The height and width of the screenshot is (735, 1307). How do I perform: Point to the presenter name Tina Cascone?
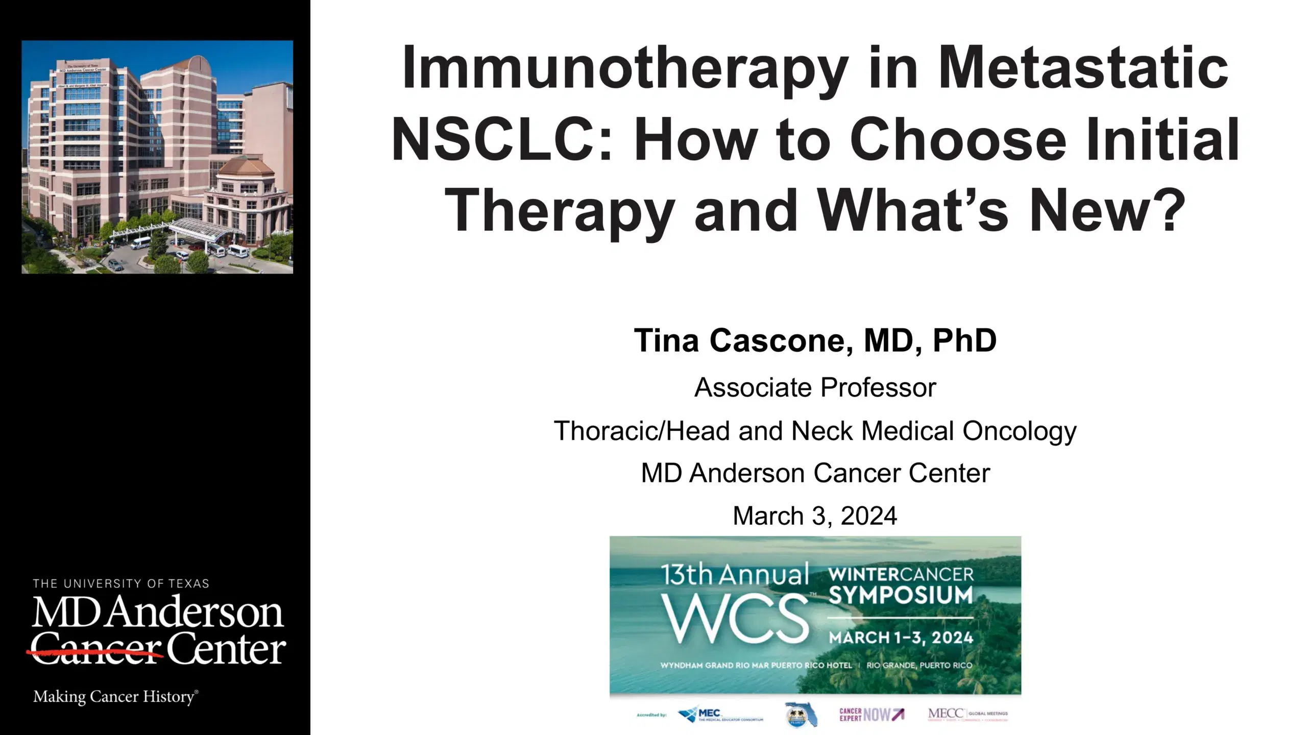click(x=743, y=340)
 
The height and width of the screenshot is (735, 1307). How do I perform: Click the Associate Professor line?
click(x=815, y=387)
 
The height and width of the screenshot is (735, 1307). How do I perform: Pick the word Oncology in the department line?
click(x=1019, y=432)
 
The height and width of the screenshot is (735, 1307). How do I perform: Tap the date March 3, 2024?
click(x=815, y=516)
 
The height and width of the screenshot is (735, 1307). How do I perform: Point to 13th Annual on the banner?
click(x=736, y=575)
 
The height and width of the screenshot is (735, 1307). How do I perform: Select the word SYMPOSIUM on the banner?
click(x=901, y=596)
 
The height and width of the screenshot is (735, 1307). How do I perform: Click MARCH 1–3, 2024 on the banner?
click(x=901, y=638)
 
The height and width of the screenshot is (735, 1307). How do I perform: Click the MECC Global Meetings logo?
click(x=967, y=715)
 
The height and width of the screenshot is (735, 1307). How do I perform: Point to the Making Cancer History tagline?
click(x=115, y=697)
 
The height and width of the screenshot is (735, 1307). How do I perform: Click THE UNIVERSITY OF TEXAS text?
click(x=121, y=583)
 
